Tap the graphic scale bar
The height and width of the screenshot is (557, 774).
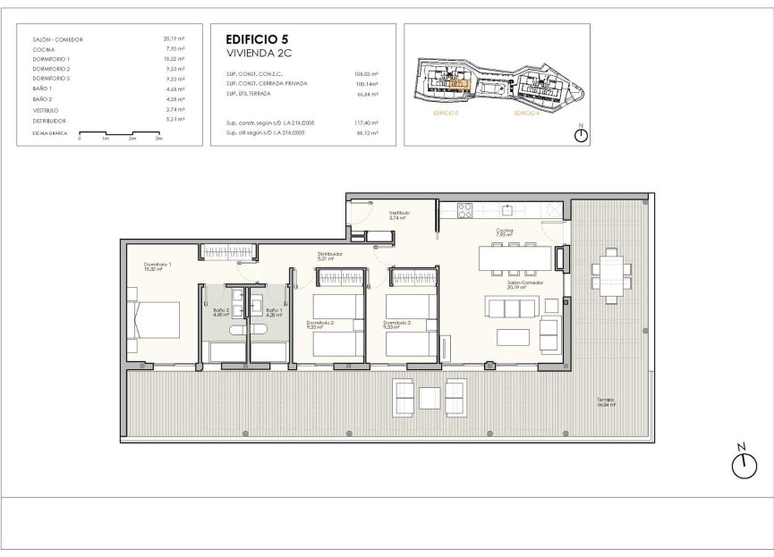pos(119,134)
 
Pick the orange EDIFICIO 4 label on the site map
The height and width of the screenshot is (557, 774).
pos(527,114)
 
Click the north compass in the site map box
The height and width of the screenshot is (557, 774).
pos(581,134)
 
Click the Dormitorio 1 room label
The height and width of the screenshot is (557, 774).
pos(157,266)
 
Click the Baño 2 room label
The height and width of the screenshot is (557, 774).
pos(222,311)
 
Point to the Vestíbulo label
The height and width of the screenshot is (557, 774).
pos(399,215)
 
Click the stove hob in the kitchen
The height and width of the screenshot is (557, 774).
pos(465,211)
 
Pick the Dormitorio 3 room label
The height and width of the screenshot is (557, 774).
pos(396,324)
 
